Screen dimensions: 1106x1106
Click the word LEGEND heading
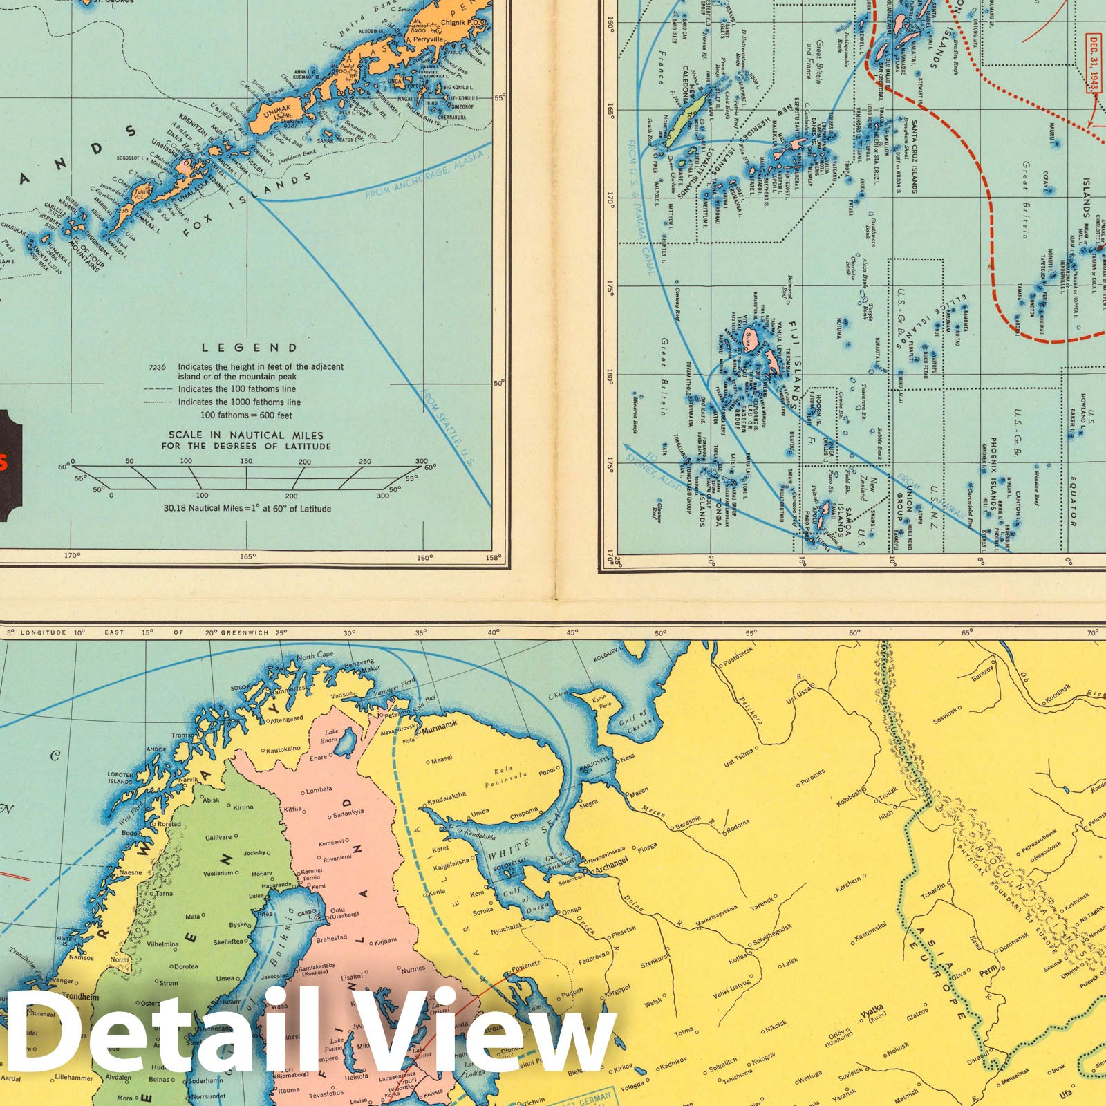[x=249, y=348]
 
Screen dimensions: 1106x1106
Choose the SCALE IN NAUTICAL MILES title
[x=246, y=440]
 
